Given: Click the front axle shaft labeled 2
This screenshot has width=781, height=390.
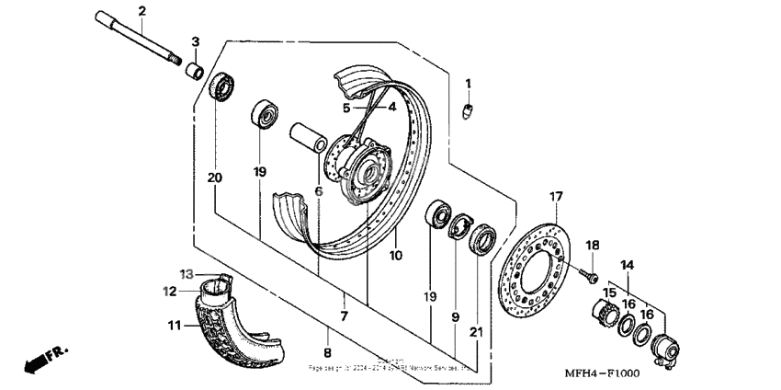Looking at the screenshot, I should tap(138, 40).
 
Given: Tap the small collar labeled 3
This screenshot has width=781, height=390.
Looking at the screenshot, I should tap(195, 70).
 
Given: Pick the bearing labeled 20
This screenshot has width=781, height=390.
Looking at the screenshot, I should tap(221, 89).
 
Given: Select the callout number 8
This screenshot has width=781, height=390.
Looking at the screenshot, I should tap(328, 350).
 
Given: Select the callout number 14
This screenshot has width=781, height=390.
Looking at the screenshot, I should tap(628, 265).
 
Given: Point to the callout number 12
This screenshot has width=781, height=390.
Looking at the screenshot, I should tap(169, 292).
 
